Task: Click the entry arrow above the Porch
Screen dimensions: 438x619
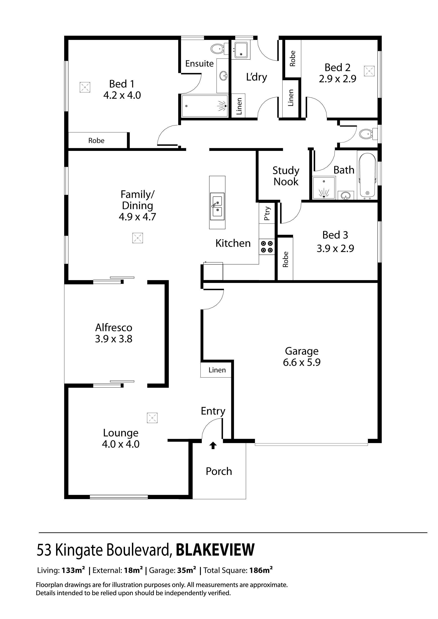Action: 213,445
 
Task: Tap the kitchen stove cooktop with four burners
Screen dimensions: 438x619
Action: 267,247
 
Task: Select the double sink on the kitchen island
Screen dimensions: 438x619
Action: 217,206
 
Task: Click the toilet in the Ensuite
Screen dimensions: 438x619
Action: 218,49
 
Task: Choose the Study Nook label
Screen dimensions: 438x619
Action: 286,176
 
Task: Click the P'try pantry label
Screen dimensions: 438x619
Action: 267,213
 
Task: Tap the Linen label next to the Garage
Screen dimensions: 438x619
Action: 217,370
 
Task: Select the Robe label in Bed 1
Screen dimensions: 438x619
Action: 96,141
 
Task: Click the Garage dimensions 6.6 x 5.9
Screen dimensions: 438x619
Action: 302,362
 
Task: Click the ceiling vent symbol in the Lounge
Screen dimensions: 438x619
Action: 152,418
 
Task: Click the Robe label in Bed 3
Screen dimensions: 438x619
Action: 285,259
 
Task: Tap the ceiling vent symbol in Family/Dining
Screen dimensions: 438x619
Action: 138,238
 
